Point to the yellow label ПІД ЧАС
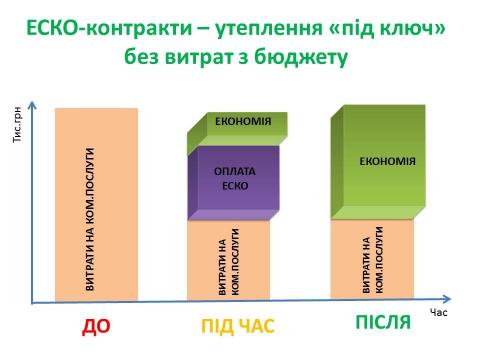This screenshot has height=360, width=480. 238,326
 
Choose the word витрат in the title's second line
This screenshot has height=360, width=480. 209,58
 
